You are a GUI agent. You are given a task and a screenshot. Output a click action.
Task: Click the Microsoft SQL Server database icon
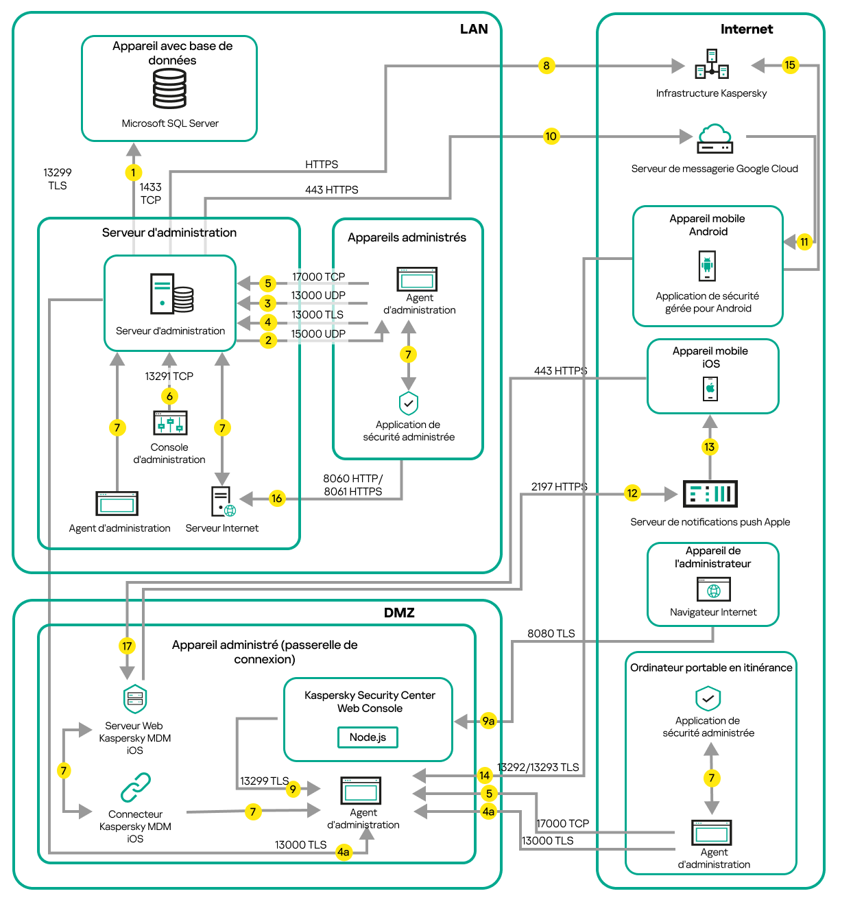click(x=169, y=89)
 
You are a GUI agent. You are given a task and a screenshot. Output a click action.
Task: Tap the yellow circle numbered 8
click(x=546, y=66)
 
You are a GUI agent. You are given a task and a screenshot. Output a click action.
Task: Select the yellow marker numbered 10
click(x=551, y=136)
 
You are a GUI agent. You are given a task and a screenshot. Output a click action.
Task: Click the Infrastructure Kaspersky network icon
click(x=712, y=64)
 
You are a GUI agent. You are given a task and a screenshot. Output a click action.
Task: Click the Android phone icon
click(x=707, y=265)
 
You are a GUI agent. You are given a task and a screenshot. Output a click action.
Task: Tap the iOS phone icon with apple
click(x=710, y=389)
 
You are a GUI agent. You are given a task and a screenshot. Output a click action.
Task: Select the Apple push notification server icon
click(x=710, y=494)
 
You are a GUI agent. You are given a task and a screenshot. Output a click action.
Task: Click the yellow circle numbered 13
click(x=709, y=447)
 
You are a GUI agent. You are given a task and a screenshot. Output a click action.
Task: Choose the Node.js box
click(x=368, y=737)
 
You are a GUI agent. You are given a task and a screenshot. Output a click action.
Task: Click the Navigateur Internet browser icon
click(x=714, y=589)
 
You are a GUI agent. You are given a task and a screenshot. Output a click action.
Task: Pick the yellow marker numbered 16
click(x=276, y=499)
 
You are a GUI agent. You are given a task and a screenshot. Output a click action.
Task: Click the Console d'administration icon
click(x=170, y=423)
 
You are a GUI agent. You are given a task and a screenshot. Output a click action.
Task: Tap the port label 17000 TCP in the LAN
click(x=318, y=277)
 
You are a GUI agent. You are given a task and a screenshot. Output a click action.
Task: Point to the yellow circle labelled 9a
click(x=488, y=721)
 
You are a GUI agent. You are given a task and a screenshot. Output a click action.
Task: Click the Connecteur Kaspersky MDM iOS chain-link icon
click(x=135, y=788)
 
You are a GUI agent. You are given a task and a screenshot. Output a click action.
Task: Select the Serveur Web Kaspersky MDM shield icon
click(x=135, y=699)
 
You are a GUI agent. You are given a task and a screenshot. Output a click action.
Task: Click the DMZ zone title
click(x=399, y=613)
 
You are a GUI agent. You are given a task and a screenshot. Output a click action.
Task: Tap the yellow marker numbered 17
click(x=127, y=646)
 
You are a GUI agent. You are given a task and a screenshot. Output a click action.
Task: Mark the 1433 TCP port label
click(x=151, y=193)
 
